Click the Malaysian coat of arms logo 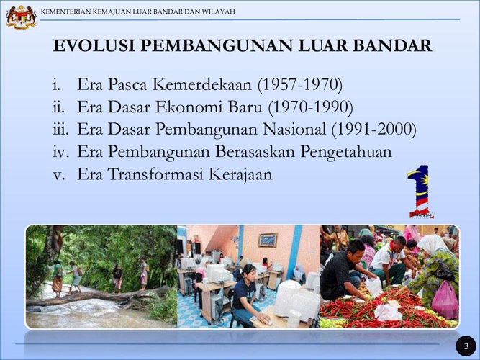21,17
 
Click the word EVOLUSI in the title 94,45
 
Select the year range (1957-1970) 300,84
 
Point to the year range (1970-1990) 310,107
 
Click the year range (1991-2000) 374,130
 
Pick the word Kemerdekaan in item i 202,84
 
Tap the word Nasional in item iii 294,129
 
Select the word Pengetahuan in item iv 346,152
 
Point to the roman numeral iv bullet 61,152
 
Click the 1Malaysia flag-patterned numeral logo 419,192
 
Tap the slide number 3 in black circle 466,346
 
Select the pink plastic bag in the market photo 445,300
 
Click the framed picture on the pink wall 268,240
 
